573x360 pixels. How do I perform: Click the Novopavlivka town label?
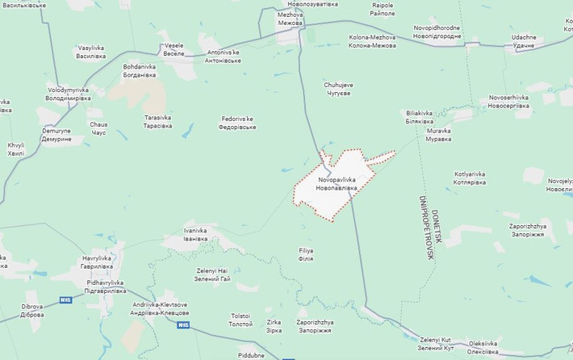[337, 182]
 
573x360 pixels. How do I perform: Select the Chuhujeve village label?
[338, 88]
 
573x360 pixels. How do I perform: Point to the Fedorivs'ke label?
[238, 123]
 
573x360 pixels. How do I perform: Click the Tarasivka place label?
[158, 121]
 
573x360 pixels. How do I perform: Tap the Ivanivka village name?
[195, 234]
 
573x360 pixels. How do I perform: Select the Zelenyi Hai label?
[213, 274]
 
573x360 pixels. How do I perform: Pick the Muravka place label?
[439, 134]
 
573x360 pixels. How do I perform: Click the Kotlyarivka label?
[470, 178]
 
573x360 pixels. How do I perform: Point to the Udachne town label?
[524, 41]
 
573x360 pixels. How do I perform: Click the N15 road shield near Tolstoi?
[184, 324]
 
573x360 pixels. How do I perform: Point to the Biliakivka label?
[419, 117]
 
